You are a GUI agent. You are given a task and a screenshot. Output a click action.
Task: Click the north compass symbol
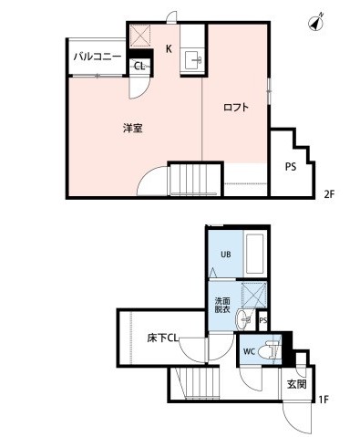tap(316, 22)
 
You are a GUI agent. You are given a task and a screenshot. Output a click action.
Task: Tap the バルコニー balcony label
tap(98, 57)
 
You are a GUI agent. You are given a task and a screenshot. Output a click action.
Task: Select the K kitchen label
tap(169, 48)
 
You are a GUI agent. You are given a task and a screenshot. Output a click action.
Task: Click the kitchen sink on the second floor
tap(193, 60)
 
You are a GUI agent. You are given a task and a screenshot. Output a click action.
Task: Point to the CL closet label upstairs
tap(139, 66)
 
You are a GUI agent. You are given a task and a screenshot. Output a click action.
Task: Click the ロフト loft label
tap(236, 108)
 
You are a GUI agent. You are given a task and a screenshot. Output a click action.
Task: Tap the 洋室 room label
tap(133, 129)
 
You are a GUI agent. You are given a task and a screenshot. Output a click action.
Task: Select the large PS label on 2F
tap(291, 167)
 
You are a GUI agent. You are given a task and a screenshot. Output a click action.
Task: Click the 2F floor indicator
tap(329, 194)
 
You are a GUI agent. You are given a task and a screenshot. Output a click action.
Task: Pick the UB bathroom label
tap(226, 254)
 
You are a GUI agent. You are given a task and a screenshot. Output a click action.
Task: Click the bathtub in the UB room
tap(254, 254)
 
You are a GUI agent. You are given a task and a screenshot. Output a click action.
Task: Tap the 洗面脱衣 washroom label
tap(222, 306)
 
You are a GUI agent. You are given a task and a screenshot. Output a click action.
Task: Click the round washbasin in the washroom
tap(242, 319)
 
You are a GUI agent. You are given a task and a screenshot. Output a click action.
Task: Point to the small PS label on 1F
tap(263, 320)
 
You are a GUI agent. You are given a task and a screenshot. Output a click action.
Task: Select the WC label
tap(249, 351)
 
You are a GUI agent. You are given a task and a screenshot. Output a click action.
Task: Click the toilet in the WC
tap(268, 350)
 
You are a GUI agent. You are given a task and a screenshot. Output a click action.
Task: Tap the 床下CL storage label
tap(162, 338)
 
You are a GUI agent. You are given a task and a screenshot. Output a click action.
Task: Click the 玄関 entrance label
tap(297, 385)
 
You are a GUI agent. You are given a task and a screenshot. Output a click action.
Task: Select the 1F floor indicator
tap(324, 400)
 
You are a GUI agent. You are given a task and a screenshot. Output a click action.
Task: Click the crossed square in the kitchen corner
tap(140, 36)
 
